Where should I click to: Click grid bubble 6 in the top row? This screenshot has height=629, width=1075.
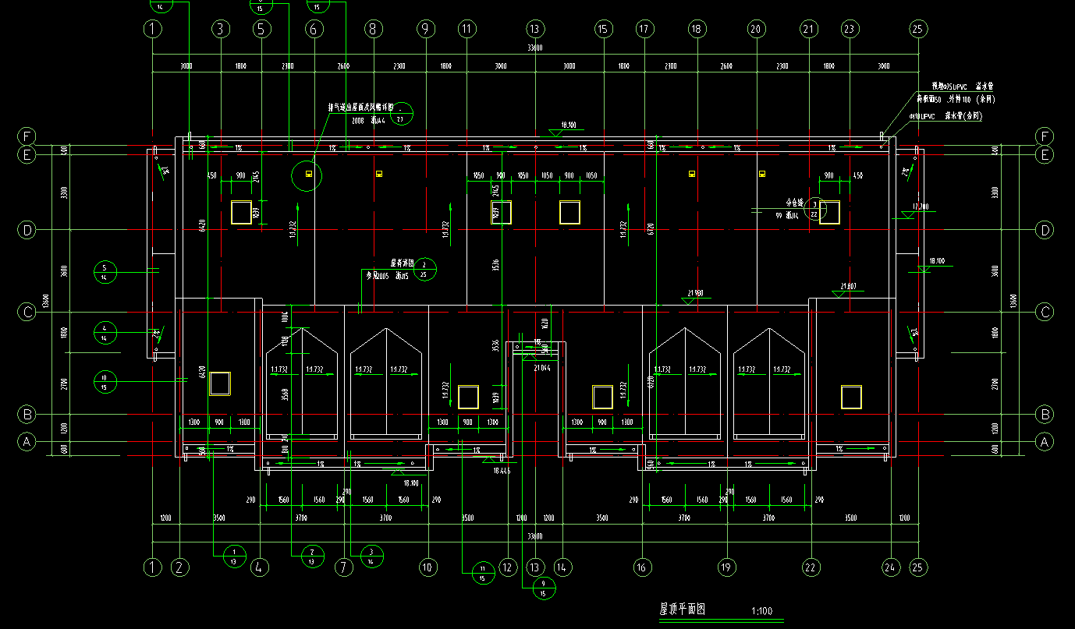[x=314, y=29]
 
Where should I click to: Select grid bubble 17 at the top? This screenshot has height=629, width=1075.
[x=644, y=29]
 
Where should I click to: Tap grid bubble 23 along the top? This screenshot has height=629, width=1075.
[x=850, y=29]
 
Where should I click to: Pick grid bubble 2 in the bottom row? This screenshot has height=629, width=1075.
[x=180, y=567]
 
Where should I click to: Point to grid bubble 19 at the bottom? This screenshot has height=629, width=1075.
[x=727, y=567]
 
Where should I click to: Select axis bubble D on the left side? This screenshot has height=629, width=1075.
[x=27, y=230]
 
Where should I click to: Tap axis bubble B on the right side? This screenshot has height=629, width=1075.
[x=1045, y=414]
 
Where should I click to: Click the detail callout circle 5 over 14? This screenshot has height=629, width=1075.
[x=105, y=271]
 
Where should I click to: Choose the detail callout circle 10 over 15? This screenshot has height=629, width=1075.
[x=105, y=381]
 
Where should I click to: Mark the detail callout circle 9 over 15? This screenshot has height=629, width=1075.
[x=544, y=588]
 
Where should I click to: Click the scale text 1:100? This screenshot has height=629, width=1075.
[x=761, y=611]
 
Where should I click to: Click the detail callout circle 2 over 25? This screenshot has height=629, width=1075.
[x=424, y=270]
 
